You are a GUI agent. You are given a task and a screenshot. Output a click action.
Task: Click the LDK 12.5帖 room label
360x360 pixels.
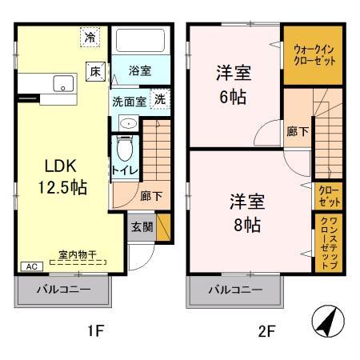59,177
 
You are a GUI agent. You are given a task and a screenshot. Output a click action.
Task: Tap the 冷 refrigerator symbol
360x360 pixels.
91,37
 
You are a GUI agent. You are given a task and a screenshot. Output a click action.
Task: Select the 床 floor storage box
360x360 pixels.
95,70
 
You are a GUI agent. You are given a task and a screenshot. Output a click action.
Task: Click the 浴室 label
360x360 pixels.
140,70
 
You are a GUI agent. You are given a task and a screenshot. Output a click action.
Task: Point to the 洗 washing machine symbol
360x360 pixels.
160,100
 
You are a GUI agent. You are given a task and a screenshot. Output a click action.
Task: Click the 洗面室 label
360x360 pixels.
129,102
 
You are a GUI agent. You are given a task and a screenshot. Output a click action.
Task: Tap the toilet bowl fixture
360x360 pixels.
125,147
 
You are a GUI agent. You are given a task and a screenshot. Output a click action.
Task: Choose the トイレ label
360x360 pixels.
125,170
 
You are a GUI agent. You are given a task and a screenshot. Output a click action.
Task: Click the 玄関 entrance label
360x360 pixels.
141,226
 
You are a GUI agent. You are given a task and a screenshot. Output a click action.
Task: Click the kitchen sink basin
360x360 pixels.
61,82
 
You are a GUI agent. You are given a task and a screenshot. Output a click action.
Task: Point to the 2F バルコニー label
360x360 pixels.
237,290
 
